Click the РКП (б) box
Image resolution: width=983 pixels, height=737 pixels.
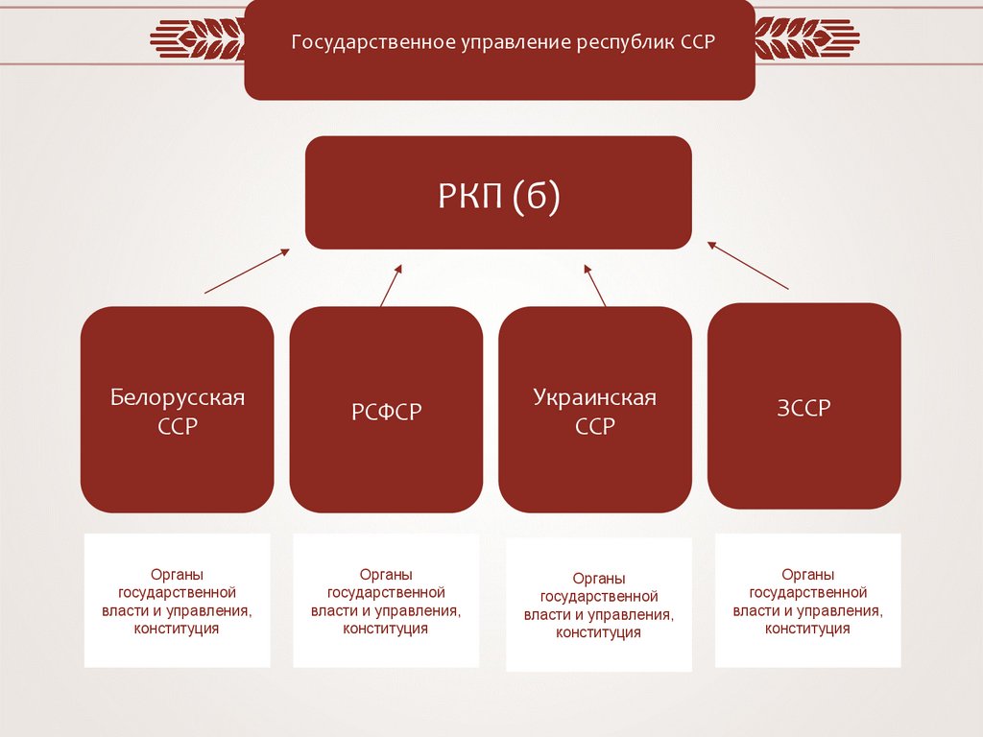(x=498, y=193)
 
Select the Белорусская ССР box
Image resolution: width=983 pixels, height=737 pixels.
(x=177, y=410)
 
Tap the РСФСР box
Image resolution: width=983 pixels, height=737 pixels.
(x=386, y=411)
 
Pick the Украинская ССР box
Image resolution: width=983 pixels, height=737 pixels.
(x=594, y=411)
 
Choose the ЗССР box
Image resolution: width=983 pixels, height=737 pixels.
(x=803, y=406)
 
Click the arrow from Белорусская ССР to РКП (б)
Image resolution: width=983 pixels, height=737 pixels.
(x=247, y=271)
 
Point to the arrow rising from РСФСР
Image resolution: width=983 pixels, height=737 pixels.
(x=391, y=285)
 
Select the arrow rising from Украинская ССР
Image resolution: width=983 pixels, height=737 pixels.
(x=596, y=285)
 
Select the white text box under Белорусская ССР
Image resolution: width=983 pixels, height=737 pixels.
(x=177, y=601)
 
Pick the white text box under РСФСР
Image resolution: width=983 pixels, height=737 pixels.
(x=386, y=601)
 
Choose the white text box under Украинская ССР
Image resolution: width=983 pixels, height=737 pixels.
(x=598, y=605)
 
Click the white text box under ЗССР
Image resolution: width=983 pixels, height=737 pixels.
(x=807, y=601)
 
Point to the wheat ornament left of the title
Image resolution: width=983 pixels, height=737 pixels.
(x=197, y=39)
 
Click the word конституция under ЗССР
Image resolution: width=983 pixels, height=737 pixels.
(x=807, y=629)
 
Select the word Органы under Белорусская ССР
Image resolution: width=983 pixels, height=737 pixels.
(x=177, y=574)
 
